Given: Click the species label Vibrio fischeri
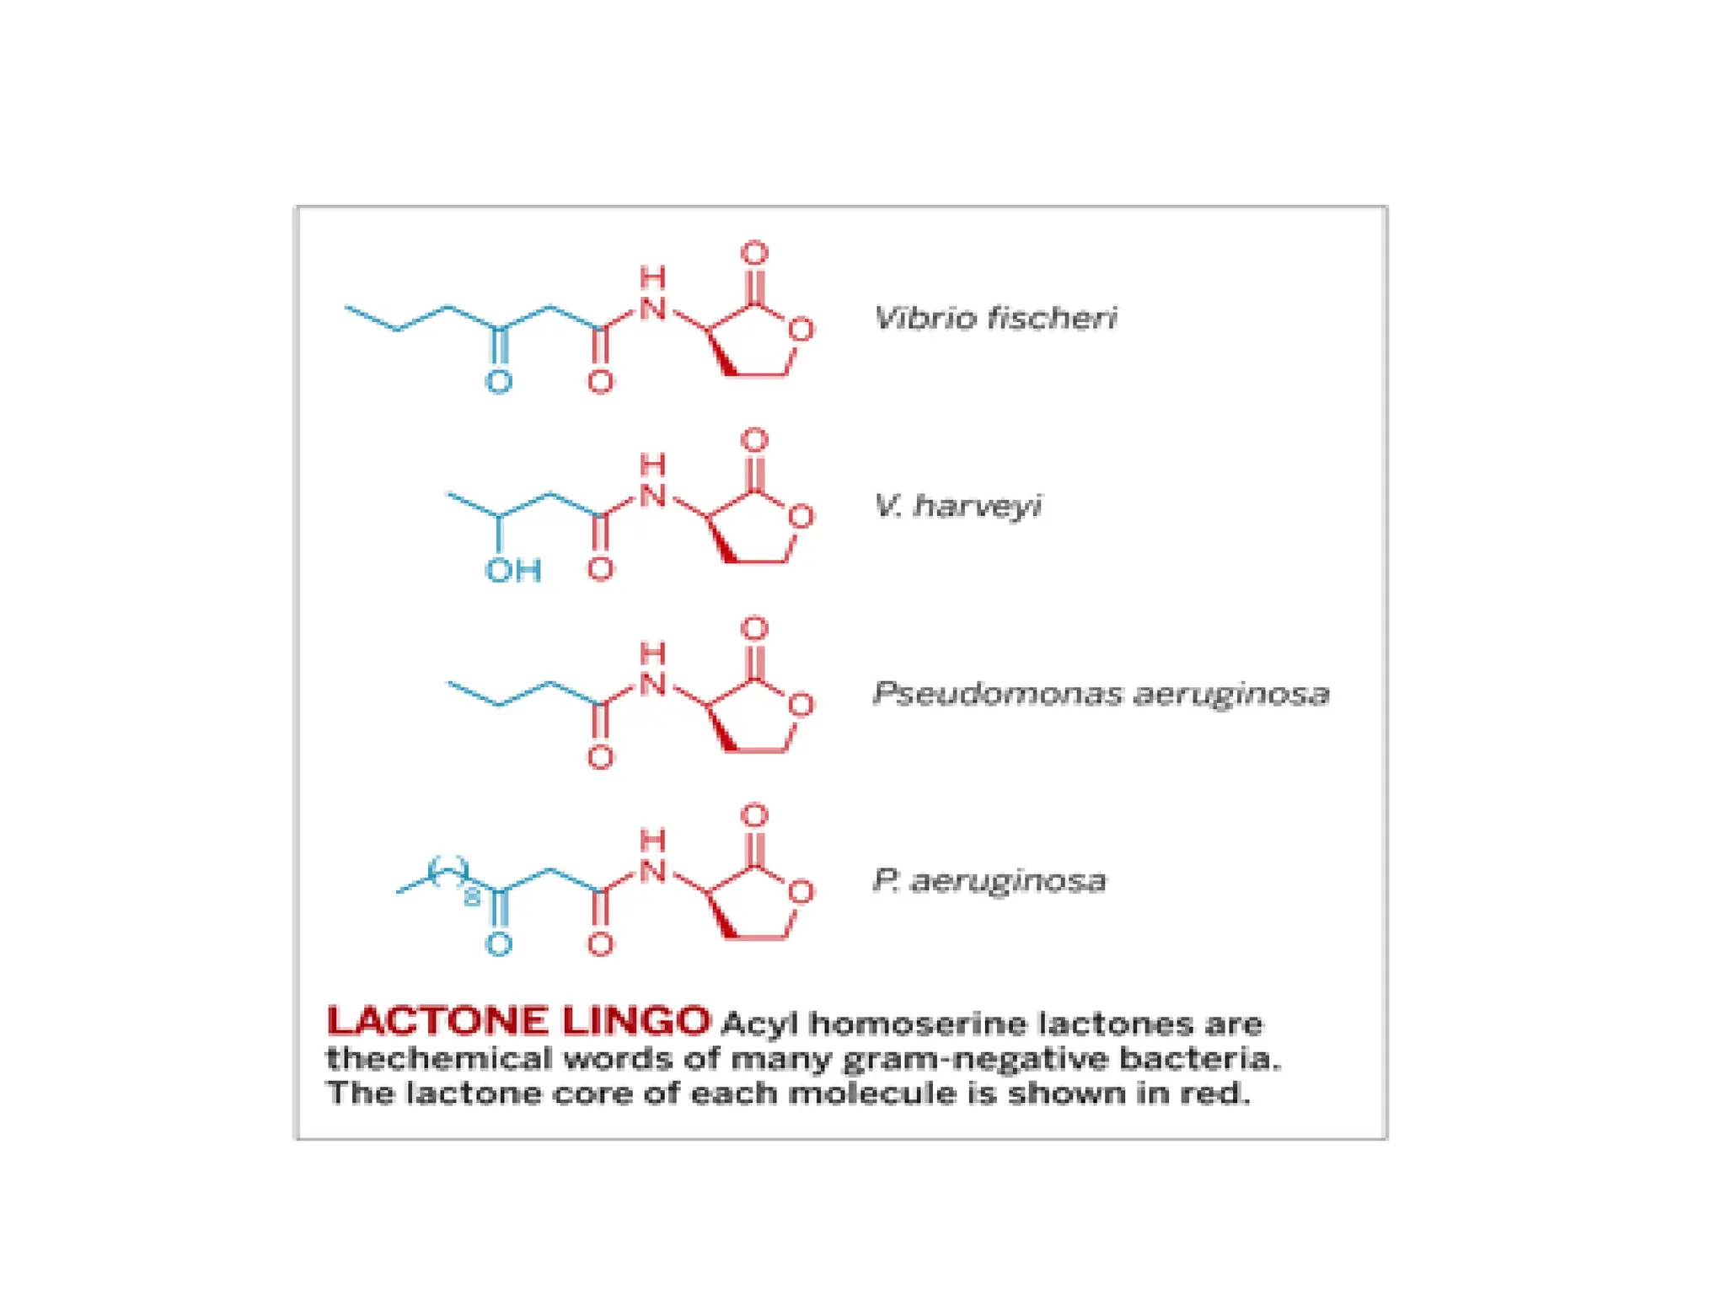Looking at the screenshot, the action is click(995, 318).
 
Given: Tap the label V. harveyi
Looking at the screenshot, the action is click(957, 505).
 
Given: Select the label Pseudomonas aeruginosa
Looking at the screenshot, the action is click(1101, 693).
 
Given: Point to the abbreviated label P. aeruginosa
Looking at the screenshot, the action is click(989, 880).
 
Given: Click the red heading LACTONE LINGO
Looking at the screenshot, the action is click(517, 1021).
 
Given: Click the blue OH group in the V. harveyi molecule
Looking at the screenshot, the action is click(512, 571).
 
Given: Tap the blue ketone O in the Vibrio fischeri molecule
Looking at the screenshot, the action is click(498, 382).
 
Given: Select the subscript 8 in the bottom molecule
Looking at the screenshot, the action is click(472, 897).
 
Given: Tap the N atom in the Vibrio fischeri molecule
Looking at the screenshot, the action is click(652, 309).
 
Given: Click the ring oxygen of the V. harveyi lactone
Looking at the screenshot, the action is click(801, 517).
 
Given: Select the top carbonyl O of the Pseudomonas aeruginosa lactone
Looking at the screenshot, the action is click(754, 628).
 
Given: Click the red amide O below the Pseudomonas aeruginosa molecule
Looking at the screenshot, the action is click(600, 757).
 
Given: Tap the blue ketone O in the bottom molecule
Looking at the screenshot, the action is click(498, 944).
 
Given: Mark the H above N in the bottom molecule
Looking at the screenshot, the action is click(652, 841).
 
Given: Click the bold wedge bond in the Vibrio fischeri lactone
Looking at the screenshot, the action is click(721, 354).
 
